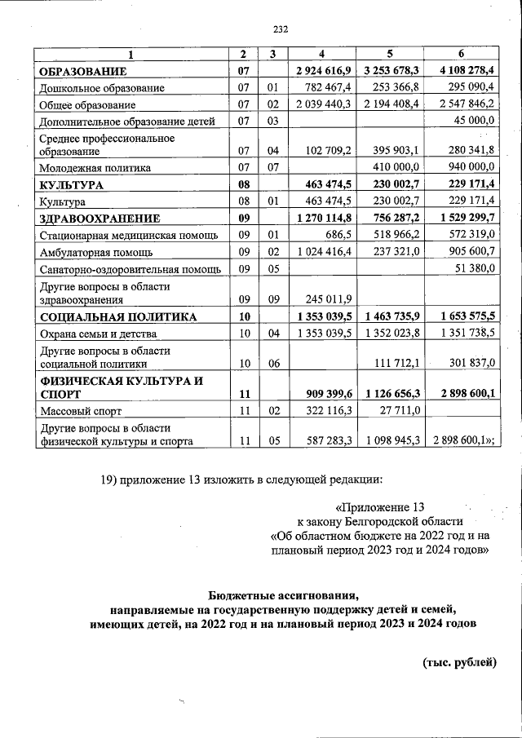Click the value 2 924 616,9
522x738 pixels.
tap(324, 72)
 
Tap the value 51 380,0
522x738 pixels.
tap(472, 269)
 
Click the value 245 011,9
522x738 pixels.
tap(330, 298)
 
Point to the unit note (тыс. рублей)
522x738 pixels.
tap(459, 661)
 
